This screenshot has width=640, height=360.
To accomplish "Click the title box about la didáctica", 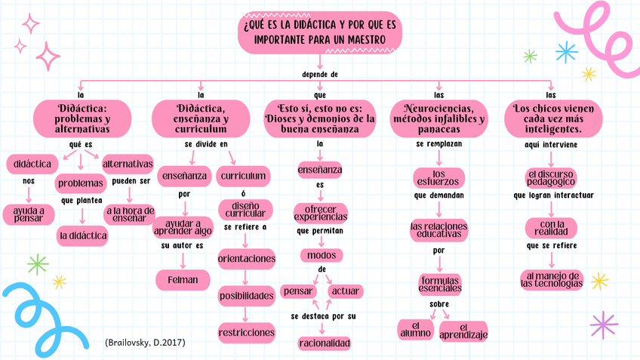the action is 320,32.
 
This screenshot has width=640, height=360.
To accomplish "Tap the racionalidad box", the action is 325,343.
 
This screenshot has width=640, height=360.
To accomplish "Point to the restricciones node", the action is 246,331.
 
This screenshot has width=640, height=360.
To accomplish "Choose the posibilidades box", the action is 246,296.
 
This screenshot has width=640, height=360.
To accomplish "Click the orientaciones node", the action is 246,259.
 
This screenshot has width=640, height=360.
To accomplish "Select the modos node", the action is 322,254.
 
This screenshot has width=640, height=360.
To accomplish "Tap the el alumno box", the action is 416,328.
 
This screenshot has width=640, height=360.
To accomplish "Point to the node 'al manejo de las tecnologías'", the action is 552,278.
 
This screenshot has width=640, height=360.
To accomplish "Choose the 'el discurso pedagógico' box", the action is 551,177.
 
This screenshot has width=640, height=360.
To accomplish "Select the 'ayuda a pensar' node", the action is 29,214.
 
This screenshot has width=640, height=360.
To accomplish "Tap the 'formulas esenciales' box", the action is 439,285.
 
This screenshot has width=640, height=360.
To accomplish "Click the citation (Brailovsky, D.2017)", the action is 146,342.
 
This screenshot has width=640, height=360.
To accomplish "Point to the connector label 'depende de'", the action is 319,75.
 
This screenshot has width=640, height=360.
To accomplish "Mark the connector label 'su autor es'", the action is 182,245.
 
